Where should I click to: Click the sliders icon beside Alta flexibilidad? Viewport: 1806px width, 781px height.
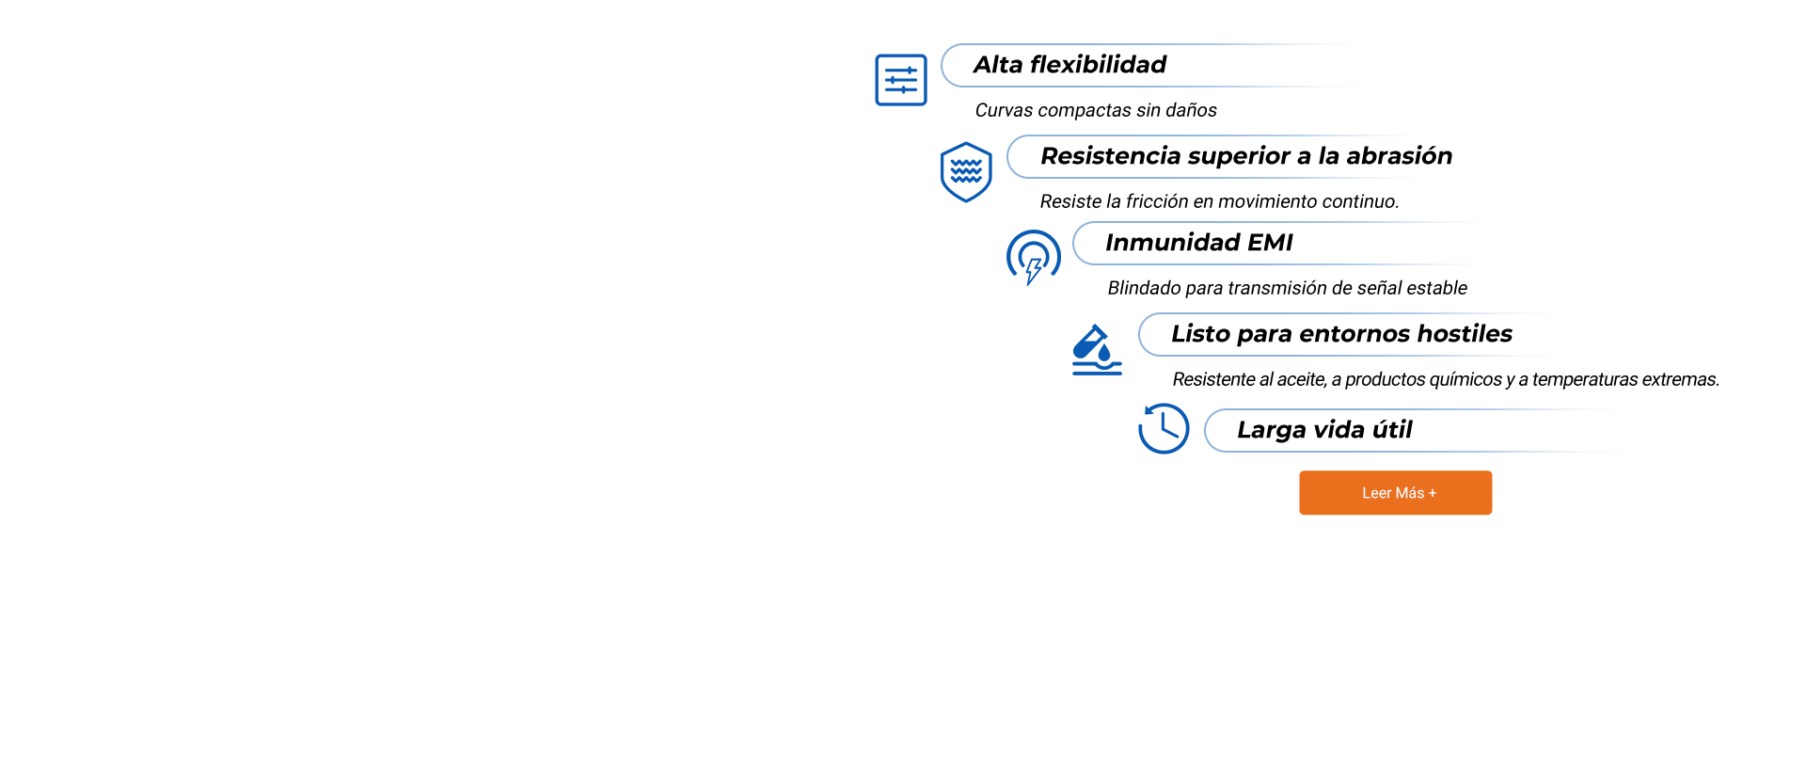point(901,80)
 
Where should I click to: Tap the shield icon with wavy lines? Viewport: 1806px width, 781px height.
point(966,172)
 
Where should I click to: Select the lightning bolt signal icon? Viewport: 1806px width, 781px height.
point(1033,257)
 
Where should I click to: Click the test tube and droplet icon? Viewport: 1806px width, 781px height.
point(1097,350)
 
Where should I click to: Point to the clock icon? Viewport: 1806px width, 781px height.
point(1164,428)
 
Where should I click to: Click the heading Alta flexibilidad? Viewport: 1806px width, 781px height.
point(1069,65)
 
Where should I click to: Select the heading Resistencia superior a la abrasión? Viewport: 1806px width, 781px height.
point(1246,156)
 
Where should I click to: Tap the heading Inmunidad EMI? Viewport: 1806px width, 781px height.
point(1199,243)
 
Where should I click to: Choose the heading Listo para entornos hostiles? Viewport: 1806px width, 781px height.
point(1341,334)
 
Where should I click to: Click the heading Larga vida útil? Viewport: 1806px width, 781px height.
point(1324,430)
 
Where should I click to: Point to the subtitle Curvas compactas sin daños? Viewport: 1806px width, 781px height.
point(1096,110)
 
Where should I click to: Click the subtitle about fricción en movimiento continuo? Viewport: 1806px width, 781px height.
point(1219,201)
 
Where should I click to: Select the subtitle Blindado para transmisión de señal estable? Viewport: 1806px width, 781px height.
point(1287,288)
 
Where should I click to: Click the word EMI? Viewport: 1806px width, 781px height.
point(1270,243)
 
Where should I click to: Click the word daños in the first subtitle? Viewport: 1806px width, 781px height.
point(1191,110)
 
